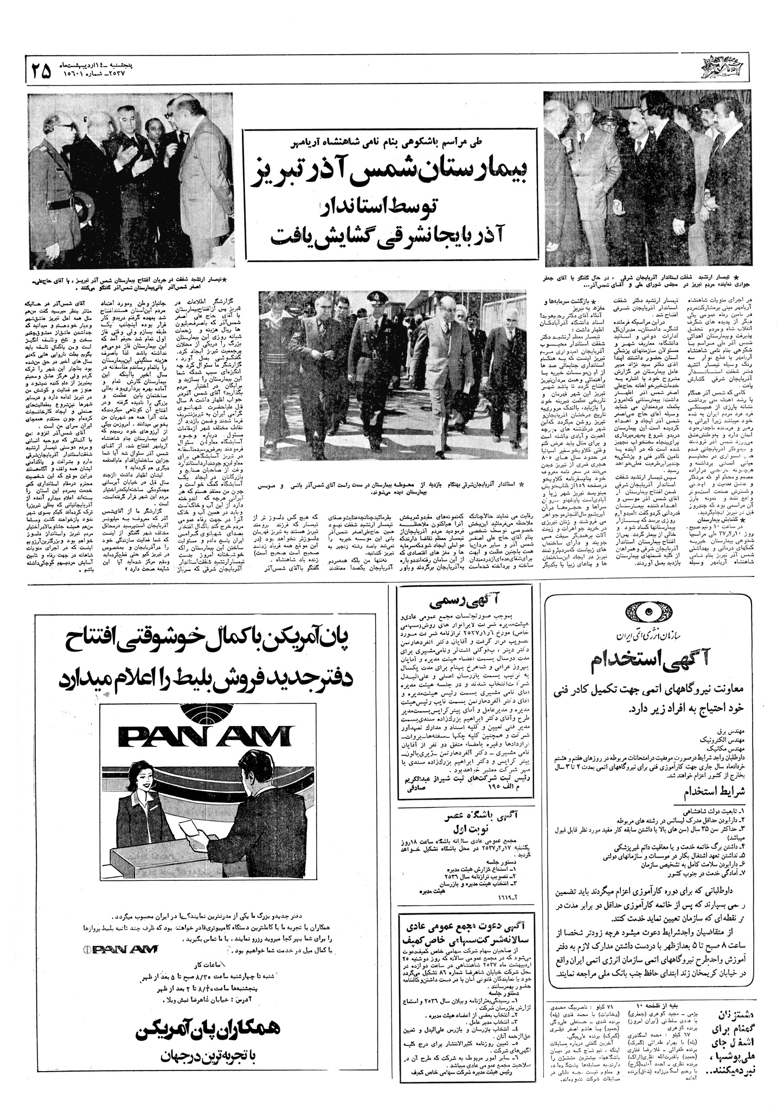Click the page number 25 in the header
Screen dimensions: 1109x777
pos(42,70)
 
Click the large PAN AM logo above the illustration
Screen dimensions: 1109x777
pos(204,736)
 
